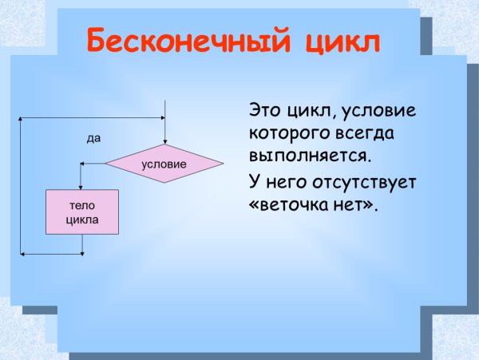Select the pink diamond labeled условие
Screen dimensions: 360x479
tap(164, 164)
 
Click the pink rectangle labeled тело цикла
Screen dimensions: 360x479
tap(82, 212)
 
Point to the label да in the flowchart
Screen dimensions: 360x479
tap(93, 138)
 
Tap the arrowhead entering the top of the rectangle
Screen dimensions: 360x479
tap(82, 186)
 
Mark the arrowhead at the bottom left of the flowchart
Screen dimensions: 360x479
tap(23, 255)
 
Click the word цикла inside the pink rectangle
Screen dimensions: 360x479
tap(82, 220)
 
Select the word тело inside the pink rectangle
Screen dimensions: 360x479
tap(82, 205)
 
